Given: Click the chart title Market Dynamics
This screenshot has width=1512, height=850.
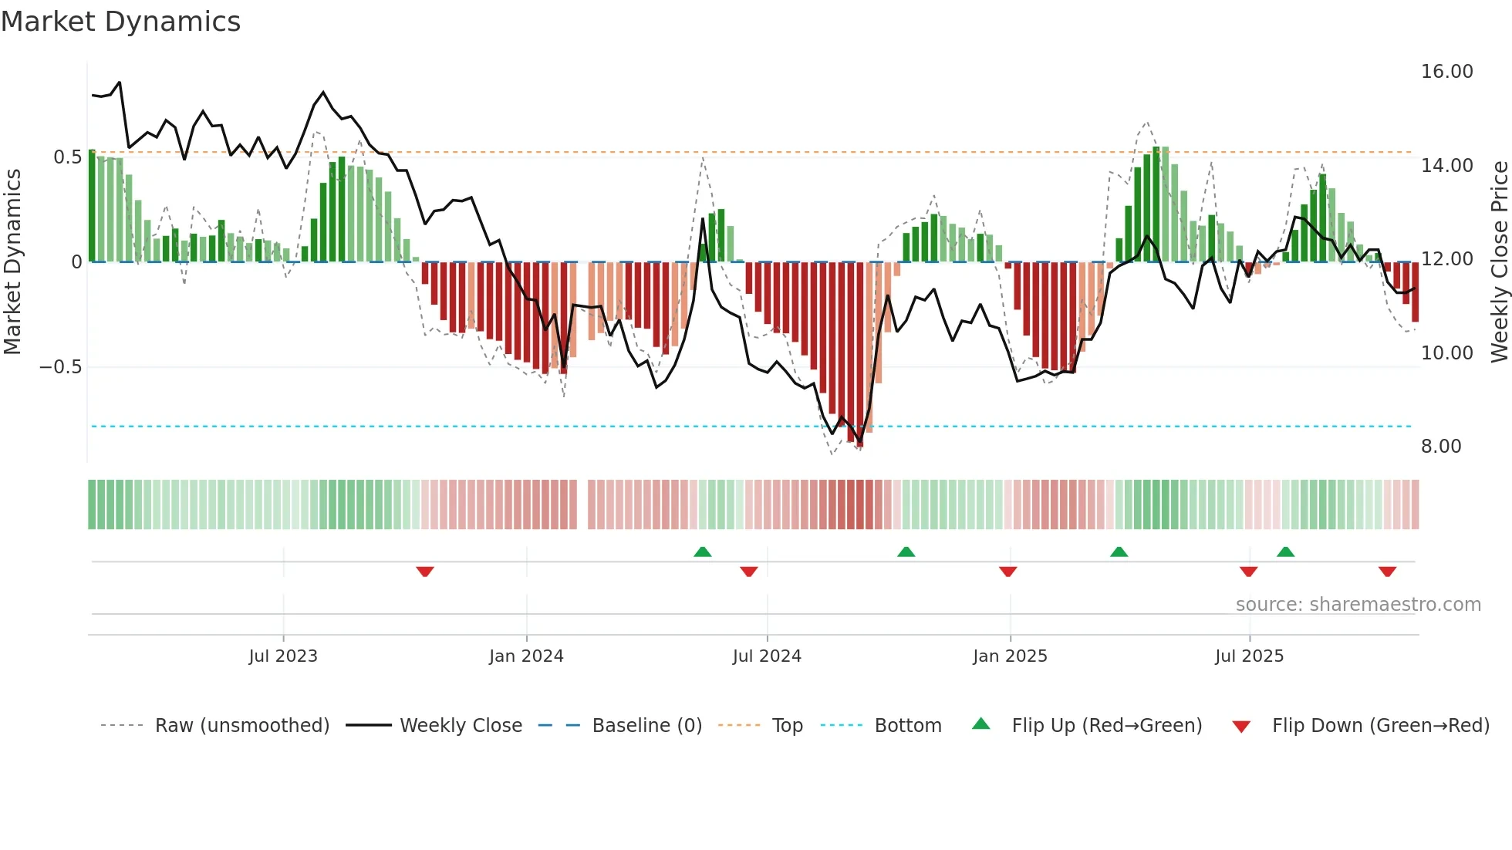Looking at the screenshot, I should (120, 22).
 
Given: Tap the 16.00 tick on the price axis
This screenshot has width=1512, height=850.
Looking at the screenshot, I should (1446, 72).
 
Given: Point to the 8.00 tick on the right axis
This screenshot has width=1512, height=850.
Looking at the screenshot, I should (1440, 447).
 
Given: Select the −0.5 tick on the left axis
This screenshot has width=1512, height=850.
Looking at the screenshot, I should (60, 367).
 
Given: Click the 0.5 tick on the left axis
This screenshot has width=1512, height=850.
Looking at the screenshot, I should (67, 157).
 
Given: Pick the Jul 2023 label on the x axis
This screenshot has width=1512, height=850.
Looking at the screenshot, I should (283, 656).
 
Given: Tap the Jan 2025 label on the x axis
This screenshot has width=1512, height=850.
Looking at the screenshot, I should (1010, 656).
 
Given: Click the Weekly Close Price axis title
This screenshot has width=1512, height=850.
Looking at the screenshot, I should (1499, 261).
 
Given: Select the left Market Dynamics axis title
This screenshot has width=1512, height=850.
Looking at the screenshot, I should (13, 261).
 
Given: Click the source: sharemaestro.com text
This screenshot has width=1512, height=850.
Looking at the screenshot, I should (1358, 605).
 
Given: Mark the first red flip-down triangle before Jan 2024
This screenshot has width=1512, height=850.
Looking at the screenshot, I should (425, 572).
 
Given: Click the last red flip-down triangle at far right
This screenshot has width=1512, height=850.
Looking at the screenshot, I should (1387, 572).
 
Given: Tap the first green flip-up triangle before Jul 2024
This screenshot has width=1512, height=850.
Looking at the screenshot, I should (702, 551).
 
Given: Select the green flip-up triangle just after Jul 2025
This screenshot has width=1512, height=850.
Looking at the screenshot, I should (1285, 551).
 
